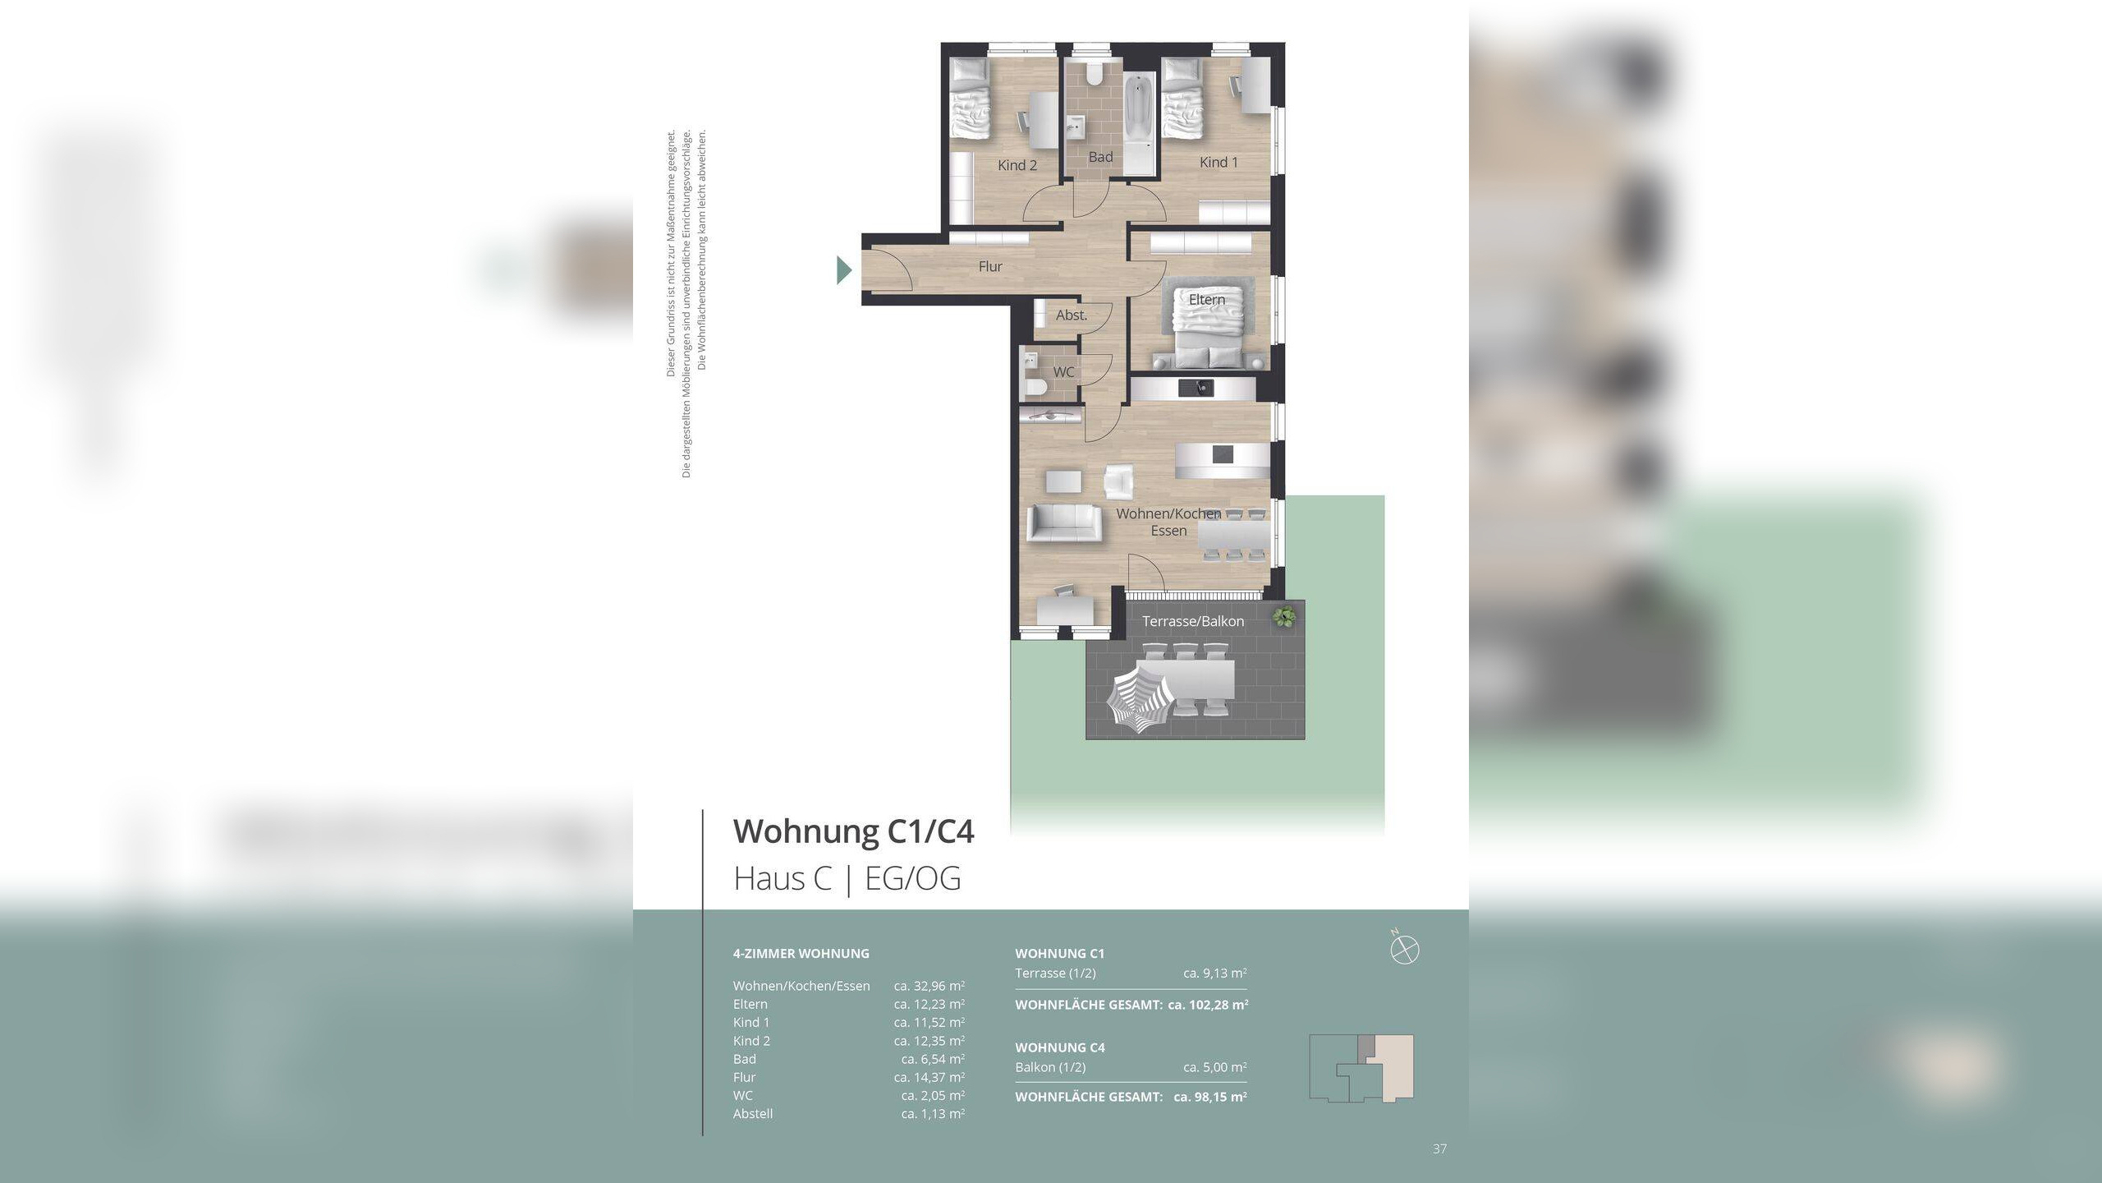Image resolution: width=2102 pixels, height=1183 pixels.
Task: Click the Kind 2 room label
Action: click(1017, 165)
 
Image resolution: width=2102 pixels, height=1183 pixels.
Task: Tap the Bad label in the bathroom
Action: click(1100, 157)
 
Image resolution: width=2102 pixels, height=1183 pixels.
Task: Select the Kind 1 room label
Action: click(1219, 162)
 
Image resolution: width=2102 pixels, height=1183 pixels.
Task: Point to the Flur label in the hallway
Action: click(990, 266)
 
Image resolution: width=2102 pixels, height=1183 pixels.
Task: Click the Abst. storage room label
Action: click(1072, 315)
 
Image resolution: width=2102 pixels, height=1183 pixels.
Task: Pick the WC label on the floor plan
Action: click(1063, 371)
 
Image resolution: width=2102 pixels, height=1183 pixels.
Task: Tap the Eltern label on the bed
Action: click(1207, 300)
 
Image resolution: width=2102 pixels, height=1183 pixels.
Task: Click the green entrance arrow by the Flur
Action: click(844, 270)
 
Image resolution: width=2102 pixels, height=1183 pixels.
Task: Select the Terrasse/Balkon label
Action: click(1193, 621)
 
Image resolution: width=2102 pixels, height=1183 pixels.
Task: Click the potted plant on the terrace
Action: click(1283, 616)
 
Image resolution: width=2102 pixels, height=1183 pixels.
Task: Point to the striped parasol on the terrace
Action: click(1139, 699)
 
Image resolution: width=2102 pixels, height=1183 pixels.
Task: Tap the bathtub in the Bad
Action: click(1139, 125)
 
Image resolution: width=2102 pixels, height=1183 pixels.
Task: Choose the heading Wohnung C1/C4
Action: click(854, 831)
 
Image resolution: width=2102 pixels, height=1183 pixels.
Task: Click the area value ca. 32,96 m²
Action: click(929, 986)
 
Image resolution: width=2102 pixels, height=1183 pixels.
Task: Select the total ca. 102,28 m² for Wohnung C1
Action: click(1208, 1005)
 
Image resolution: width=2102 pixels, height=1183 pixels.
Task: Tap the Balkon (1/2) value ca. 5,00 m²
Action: click(1215, 1067)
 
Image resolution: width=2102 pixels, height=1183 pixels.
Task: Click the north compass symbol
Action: click(1405, 950)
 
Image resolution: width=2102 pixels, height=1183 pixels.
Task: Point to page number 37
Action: click(1439, 1148)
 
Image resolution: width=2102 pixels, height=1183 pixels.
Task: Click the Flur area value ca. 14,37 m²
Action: click(929, 1077)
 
